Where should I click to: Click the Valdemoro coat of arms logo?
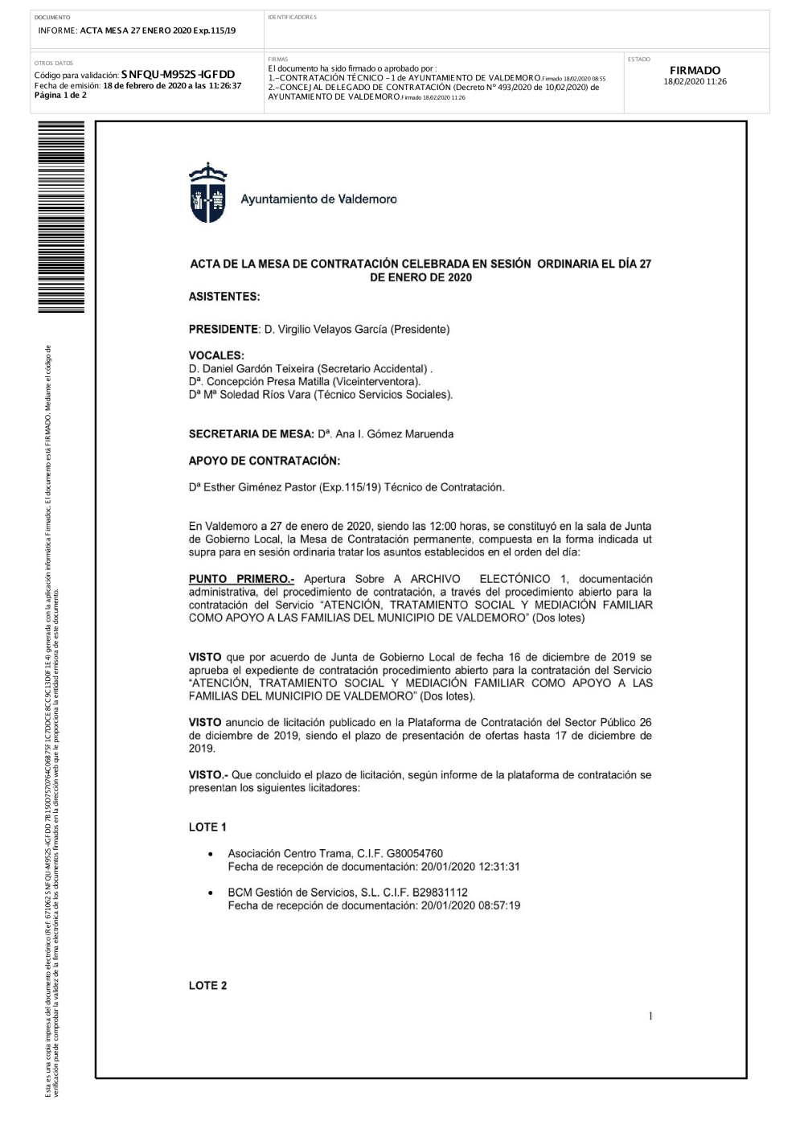point(207,193)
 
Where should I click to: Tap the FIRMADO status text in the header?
point(695,71)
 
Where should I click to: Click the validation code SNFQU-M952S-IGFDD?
point(178,75)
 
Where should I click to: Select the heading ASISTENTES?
point(224,297)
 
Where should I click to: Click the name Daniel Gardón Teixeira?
point(255,369)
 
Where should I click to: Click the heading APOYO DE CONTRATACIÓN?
point(264,461)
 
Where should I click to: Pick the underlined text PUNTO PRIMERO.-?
point(241,579)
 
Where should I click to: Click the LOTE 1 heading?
point(207,827)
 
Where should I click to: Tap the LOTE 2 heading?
point(207,986)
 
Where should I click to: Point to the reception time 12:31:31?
point(498,867)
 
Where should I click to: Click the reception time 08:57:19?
point(498,905)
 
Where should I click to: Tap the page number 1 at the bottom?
point(650,1016)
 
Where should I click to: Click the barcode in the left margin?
point(60,220)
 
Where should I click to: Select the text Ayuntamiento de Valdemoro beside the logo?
point(318,199)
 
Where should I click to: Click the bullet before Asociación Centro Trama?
point(211,854)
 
